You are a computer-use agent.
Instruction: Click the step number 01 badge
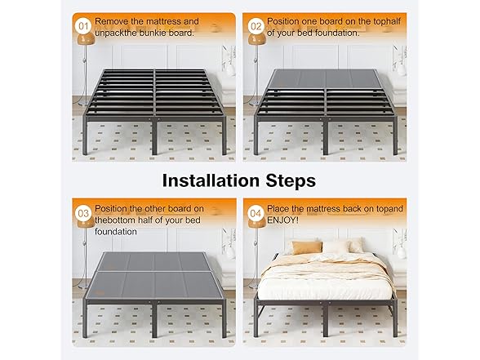point(83,26)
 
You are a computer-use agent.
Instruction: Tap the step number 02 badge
point(256,26)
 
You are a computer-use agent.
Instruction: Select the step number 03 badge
point(83,213)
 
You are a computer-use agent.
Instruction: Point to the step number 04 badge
point(256,213)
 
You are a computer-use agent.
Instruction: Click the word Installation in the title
point(211,180)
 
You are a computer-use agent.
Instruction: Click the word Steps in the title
point(291,181)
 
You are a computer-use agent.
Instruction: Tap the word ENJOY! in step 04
point(282,220)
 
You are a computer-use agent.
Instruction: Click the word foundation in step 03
point(116,232)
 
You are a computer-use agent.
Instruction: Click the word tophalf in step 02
point(387,22)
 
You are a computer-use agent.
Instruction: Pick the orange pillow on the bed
point(307,247)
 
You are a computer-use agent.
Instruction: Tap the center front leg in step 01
point(154,137)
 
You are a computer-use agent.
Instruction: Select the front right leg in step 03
point(224,321)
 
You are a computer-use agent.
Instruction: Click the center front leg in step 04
point(326,319)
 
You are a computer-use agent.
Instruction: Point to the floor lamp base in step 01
point(83,104)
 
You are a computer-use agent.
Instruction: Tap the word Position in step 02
point(283,21)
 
